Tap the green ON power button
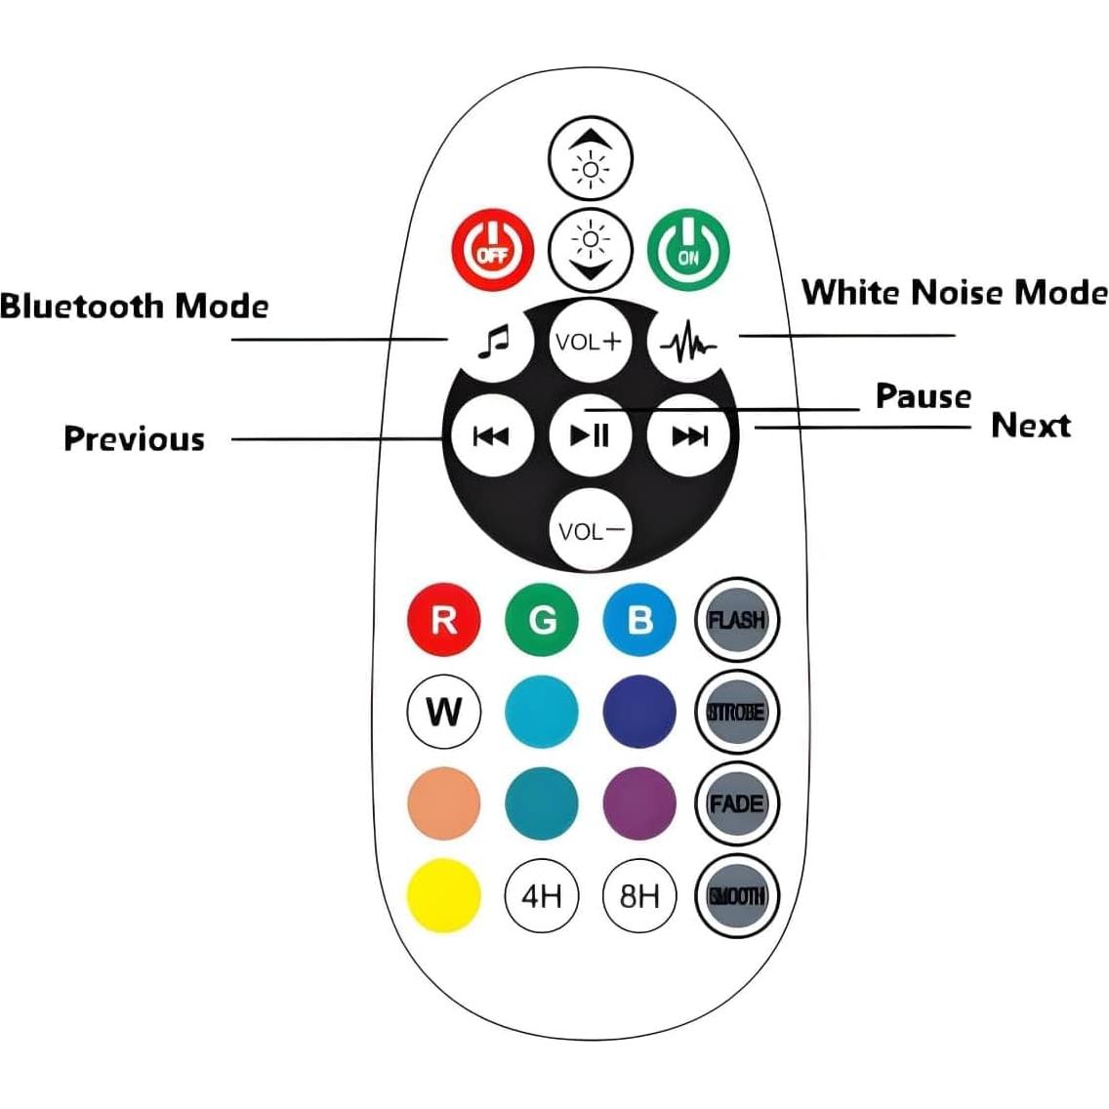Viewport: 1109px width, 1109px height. [x=688, y=249]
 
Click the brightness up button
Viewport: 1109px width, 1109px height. [x=591, y=158]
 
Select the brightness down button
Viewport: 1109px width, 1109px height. [x=591, y=248]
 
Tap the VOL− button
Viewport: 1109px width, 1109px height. [x=590, y=530]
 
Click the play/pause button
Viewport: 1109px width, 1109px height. [x=590, y=434]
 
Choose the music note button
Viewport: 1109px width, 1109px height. [x=494, y=341]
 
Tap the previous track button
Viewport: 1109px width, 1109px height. [x=491, y=435]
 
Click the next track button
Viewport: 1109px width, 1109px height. [x=689, y=435]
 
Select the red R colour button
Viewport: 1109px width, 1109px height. [x=444, y=619]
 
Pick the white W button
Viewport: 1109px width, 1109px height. [x=444, y=712]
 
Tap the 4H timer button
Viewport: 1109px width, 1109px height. [x=542, y=894]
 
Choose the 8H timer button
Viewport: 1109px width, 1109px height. [x=639, y=894]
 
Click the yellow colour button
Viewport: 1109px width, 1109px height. [x=444, y=894]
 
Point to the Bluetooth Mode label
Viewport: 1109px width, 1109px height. [x=135, y=307]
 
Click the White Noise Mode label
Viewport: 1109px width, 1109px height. [x=954, y=293]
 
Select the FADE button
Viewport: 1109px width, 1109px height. [x=736, y=803]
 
